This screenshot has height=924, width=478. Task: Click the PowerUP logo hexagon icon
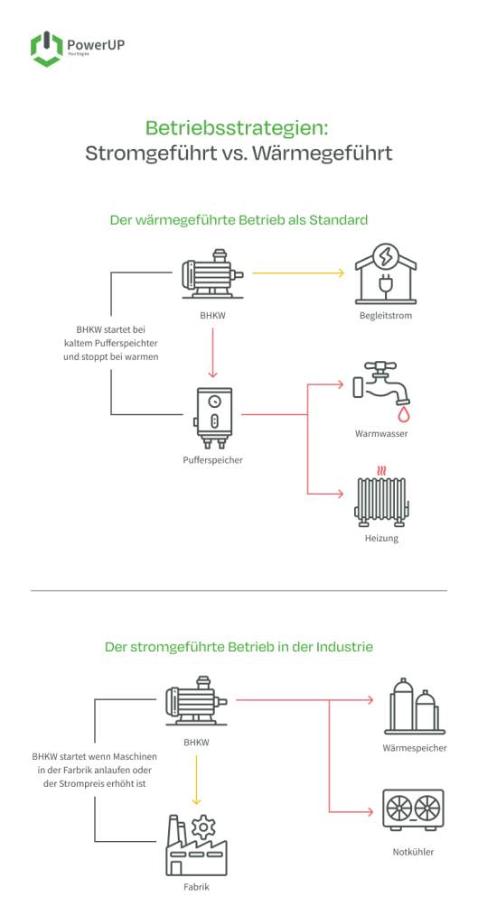pyautogui.click(x=47, y=50)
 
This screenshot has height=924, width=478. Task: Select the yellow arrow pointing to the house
pyautogui.click(x=298, y=273)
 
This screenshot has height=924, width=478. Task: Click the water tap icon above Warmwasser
pyautogui.click(x=380, y=388)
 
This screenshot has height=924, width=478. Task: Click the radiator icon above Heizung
pyautogui.click(x=383, y=495)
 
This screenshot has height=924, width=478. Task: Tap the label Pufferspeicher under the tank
pyautogui.click(x=213, y=460)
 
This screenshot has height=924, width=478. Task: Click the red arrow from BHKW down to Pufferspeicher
pyautogui.click(x=213, y=353)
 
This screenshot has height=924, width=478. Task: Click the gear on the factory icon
pyautogui.click(x=204, y=828)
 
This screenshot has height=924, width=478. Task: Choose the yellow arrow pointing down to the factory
pyautogui.click(x=196, y=780)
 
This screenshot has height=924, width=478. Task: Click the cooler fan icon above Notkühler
pyautogui.click(x=413, y=809)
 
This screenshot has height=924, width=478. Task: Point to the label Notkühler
pyautogui.click(x=413, y=852)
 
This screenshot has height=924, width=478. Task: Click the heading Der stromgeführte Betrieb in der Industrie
pyautogui.click(x=239, y=646)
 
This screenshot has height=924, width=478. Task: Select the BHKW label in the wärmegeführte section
pyautogui.click(x=213, y=317)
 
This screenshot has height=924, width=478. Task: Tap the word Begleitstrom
pyautogui.click(x=386, y=316)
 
